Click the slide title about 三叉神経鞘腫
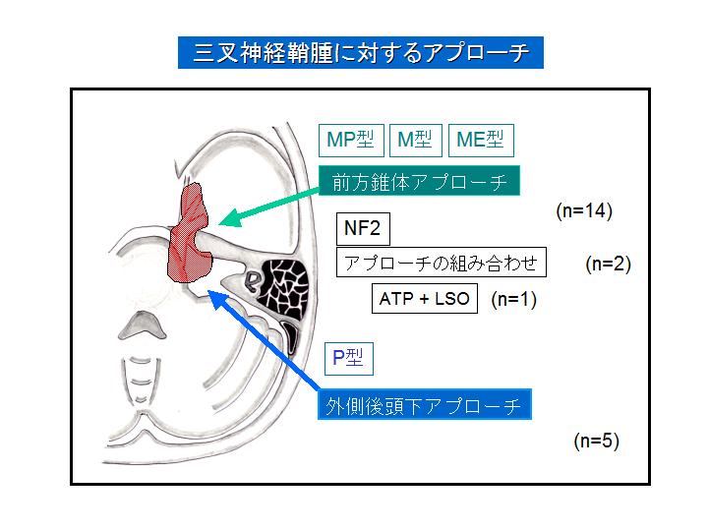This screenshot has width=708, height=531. point(361,52)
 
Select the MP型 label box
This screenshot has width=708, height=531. point(351,141)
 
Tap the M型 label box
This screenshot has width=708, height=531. point(414,141)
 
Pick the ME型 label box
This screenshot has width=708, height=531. point(480,141)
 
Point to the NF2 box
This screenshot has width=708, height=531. point(363,229)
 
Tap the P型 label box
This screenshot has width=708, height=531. point(348,358)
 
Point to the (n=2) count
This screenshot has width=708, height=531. point(608,264)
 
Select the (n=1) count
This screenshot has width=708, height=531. point(513,299)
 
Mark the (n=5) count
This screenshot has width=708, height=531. point(596,441)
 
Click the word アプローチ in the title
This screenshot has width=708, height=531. point(474,52)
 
